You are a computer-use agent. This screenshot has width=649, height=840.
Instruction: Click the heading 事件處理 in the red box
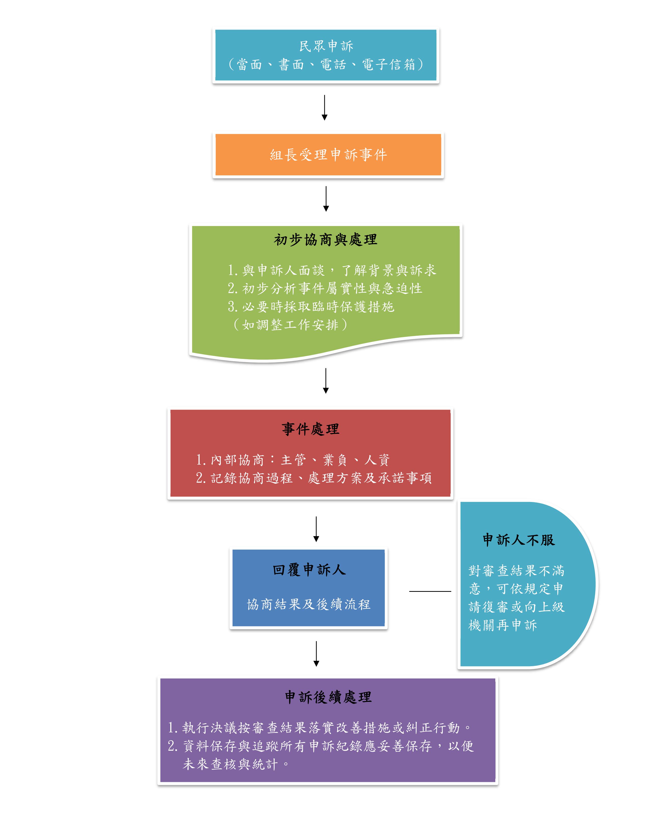pos(310,429)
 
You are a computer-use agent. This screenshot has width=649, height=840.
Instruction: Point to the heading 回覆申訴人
pos(309,570)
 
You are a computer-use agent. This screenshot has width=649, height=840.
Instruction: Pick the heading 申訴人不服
pos(519,540)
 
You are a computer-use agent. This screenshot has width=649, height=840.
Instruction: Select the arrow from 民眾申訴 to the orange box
pos(324,108)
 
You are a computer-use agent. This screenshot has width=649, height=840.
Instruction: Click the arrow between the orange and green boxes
pos(326,199)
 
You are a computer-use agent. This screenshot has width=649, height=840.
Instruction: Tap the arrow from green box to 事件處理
pos(326,381)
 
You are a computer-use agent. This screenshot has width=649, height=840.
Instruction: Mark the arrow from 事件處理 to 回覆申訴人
pos(316,529)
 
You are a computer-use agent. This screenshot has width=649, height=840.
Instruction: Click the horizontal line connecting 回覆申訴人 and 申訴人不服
pos(430,591)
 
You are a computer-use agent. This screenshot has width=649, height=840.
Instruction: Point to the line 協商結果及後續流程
pos(309,605)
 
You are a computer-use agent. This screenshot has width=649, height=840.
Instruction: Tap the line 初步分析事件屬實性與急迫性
pos(325,288)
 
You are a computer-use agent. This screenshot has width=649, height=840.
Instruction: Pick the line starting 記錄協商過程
pos(314,478)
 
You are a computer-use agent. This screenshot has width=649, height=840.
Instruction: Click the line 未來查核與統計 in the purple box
pos(230,764)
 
